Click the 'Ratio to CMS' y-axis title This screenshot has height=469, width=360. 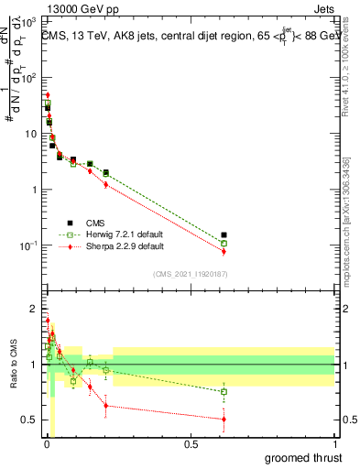13,365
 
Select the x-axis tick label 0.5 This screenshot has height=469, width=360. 191,444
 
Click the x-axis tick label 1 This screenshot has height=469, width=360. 334,444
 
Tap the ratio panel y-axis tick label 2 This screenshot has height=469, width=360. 33,309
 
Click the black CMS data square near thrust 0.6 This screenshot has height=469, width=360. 224,235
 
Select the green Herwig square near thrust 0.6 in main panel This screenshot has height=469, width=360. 224,244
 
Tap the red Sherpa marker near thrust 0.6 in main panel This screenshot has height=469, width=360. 224,251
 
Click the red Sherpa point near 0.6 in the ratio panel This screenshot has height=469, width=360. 224,420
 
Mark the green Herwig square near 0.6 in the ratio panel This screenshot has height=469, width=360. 224,391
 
